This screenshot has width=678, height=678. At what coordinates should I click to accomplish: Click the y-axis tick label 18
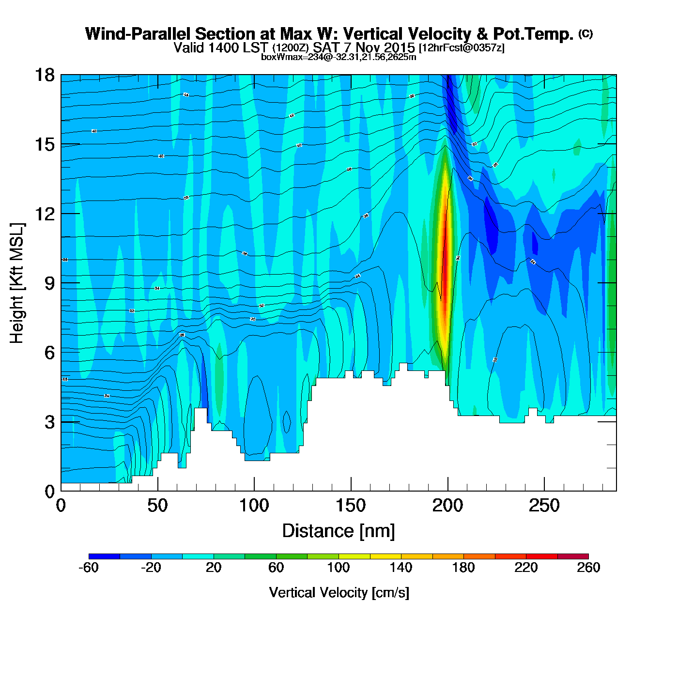coord(44,76)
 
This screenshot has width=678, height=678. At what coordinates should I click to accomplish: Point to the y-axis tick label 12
coord(44,214)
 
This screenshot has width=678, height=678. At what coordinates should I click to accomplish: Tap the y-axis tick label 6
coord(49,353)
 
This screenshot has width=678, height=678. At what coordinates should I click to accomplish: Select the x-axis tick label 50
coord(157,506)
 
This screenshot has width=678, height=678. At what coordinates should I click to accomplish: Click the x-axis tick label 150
coord(351,506)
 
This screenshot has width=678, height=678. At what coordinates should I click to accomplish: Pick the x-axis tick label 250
coord(544,506)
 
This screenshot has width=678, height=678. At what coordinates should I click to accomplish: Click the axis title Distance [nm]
coord(339,531)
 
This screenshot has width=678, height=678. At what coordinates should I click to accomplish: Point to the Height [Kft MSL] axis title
coord(17,283)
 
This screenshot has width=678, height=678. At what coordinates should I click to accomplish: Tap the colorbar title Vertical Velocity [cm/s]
coord(339,592)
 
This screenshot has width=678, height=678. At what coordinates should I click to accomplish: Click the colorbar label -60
coord(89,568)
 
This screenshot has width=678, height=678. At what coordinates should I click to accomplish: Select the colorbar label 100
coord(339,568)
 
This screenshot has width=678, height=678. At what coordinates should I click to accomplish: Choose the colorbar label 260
coord(588,568)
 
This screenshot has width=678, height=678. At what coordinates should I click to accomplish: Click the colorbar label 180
coord(463,568)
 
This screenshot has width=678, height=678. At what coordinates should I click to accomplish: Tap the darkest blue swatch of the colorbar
coord(104,556)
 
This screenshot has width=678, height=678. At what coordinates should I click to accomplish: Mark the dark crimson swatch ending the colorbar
coord(573,556)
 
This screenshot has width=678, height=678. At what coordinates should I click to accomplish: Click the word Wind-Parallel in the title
coord(139,34)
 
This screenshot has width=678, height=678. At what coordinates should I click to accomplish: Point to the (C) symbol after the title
coord(585,33)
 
